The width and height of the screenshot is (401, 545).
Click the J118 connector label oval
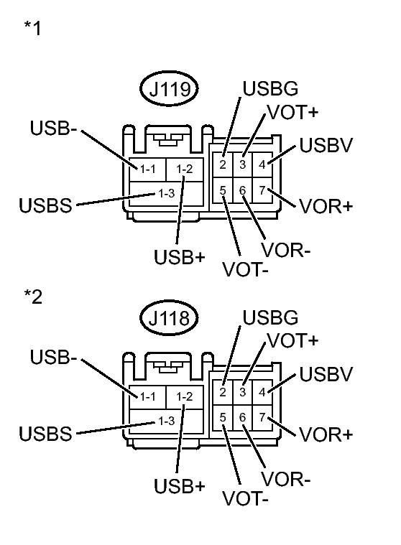pos(169,320)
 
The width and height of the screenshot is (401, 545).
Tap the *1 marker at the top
pos(33,30)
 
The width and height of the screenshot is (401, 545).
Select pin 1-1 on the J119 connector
pos(148,169)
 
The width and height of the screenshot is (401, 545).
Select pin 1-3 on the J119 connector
pos(166,193)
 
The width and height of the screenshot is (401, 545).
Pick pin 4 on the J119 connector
pos(262,162)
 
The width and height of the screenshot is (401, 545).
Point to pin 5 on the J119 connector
pos(224,190)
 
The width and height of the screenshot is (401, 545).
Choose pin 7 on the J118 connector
pos(262,417)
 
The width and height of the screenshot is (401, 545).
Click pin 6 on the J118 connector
pos(243,417)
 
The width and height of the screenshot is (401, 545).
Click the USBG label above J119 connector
pos(270,90)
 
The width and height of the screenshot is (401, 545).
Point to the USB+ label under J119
pos(180,257)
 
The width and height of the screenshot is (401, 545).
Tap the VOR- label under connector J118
pos(286,479)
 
